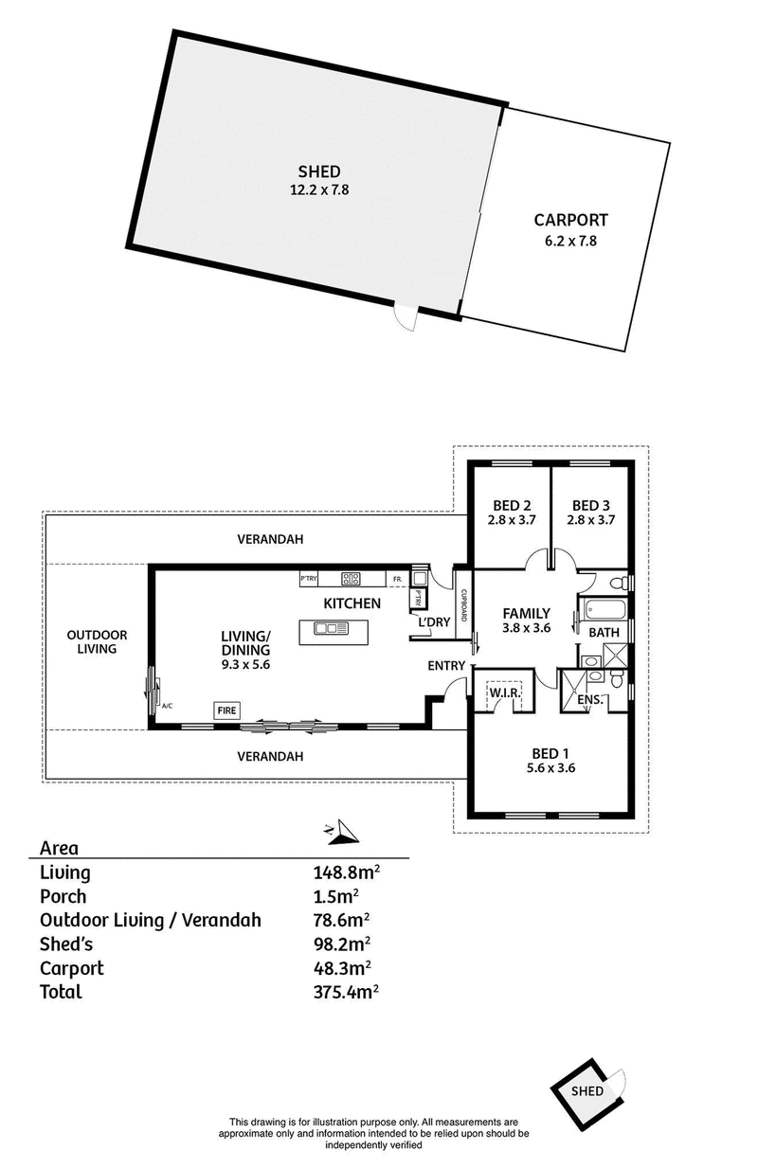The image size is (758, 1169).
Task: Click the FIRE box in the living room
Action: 226,710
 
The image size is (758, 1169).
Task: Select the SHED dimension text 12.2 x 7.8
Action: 319,190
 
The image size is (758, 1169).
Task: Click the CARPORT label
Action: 570,220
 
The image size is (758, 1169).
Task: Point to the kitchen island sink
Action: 331,628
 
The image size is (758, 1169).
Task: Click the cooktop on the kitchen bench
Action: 351,579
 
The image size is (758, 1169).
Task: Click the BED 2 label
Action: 512,505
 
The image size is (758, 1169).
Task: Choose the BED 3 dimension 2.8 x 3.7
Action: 591,520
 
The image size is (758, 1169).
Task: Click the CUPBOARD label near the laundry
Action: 463,605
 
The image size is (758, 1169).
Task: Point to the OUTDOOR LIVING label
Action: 97,642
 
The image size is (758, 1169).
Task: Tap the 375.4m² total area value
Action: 346,992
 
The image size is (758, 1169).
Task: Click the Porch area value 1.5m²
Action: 335,896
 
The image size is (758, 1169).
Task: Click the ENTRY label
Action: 446,665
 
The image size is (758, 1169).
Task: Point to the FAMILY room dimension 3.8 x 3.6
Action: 526,628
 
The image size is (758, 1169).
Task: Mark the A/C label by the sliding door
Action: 167,706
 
